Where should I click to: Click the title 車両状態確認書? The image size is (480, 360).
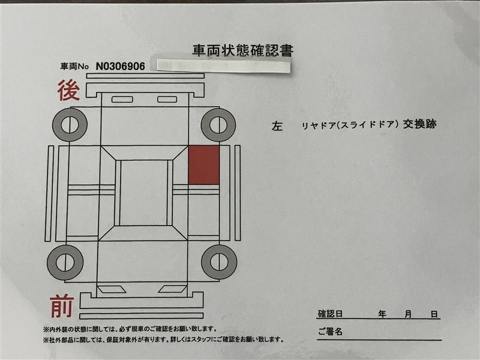coord(243,51)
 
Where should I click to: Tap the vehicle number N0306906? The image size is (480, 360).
coord(121,66)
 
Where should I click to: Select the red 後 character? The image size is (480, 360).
coord(68,90)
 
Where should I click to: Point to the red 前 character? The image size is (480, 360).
coord(62,306)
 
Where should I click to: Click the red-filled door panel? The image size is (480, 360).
coord(203,164)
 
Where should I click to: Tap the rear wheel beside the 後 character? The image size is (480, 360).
coord(70,125)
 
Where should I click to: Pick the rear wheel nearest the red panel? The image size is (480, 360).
coord(218,125)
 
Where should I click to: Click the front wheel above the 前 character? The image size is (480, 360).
coord(65,262)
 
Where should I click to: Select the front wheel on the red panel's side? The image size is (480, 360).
coord(219,262)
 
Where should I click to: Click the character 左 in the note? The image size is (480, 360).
coord(277,126)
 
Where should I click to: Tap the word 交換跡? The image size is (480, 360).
coord(419,124)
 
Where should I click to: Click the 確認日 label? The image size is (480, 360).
coord(330,314)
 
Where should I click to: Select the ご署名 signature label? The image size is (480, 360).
coord(330,331)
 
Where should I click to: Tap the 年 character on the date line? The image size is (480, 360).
coord(382,314)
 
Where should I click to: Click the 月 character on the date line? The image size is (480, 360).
coord(408,314)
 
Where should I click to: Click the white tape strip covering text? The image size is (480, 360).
coord(223,66)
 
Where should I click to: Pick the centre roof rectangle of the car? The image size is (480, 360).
coord(144,193)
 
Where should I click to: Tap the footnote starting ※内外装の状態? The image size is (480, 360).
coord(130,329)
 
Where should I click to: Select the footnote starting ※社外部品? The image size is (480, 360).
coord(163,340)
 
